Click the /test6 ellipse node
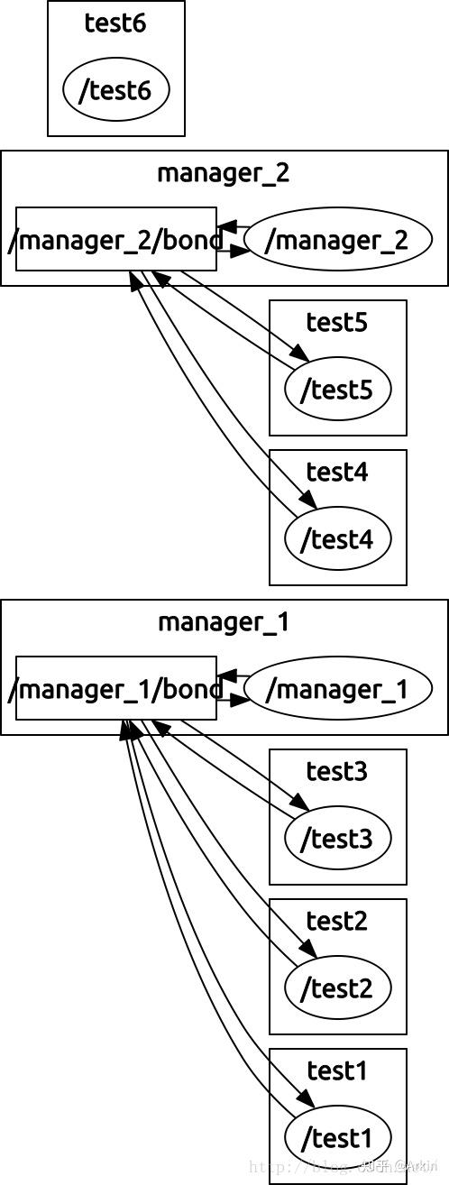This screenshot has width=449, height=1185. coord(115,90)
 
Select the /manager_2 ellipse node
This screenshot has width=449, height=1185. coord(337,240)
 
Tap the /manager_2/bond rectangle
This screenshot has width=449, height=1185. coord(116,239)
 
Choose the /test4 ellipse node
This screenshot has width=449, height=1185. coord(337,538)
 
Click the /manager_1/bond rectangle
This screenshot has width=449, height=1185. coord(116,688)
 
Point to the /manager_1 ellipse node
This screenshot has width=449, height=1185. coord(337,689)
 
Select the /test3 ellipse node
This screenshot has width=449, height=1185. coord(337,838)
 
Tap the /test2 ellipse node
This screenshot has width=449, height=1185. coord(337,987)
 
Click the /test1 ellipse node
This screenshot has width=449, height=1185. coord(337,1137)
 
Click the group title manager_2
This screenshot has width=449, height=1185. coord(224,172)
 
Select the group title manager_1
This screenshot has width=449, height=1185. coord(224,621)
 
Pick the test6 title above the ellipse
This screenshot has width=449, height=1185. coord(115,23)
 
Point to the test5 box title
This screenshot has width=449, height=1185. coord(337,322)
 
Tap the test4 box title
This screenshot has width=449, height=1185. coord(337,472)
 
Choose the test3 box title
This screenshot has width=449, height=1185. coord(337,771)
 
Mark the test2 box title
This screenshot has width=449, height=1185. coord(337,921)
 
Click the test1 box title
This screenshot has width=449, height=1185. coord(337,1070)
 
